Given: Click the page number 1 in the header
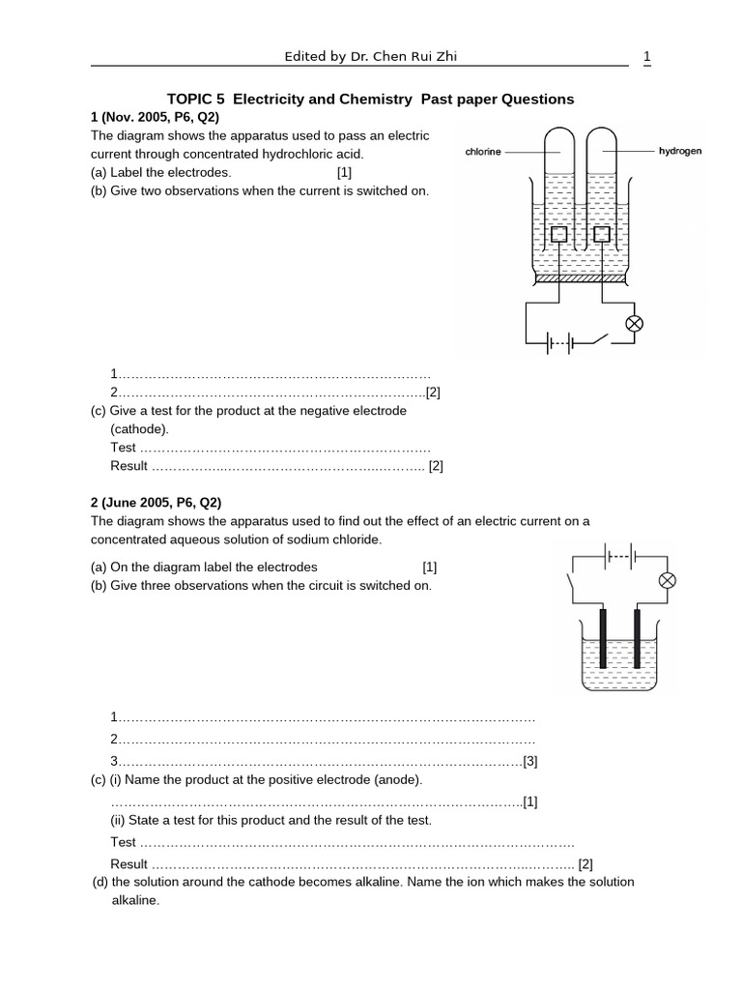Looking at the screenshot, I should coord(646,57).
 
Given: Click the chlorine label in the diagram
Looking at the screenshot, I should coord(483,153).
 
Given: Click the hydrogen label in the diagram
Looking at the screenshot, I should coord(680,152).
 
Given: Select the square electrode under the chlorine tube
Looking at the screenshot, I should coord(559,235).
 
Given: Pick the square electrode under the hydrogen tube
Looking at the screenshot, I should coord(603,235).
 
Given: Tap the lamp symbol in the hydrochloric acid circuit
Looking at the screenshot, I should coord(635,324).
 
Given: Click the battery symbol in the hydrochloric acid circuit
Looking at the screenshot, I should coord(561,342).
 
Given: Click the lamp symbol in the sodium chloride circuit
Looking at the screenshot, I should coord(666,580).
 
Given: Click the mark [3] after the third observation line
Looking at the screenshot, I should coord(529,760).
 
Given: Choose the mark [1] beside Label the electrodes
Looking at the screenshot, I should coord(345,172).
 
